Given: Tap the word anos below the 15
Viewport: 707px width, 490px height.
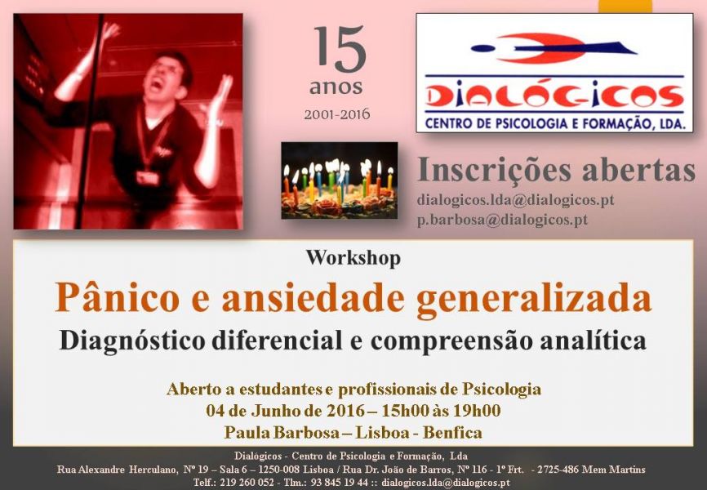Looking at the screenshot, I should pos(336,86).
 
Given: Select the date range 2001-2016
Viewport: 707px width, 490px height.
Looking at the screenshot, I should pos(336,114).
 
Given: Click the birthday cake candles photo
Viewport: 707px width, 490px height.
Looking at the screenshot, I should pos(339,180).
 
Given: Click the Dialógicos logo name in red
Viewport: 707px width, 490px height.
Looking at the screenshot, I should pos(554,97).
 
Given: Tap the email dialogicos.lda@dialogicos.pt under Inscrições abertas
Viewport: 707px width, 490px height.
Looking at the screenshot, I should pos(515,199).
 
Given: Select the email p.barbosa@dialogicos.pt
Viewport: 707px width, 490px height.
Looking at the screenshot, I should pos(502,220).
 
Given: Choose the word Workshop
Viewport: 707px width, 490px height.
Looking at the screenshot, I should pos(353,258).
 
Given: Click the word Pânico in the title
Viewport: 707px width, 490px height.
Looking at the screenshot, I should pos(115,298).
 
